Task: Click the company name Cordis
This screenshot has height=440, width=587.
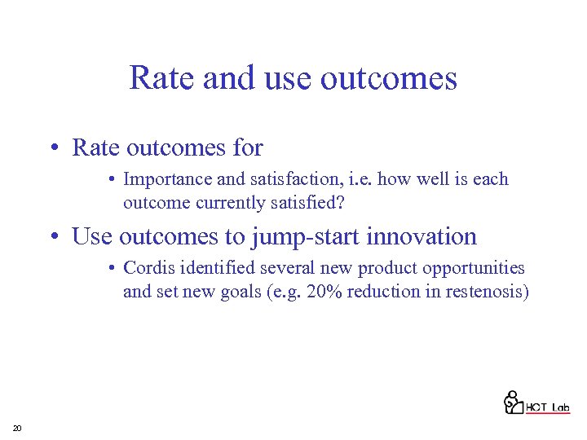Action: point(146,269)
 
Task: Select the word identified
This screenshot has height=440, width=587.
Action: point(208,269)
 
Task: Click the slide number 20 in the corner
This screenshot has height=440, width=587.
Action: point(17,429)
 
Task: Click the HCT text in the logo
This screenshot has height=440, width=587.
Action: point(536,407)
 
